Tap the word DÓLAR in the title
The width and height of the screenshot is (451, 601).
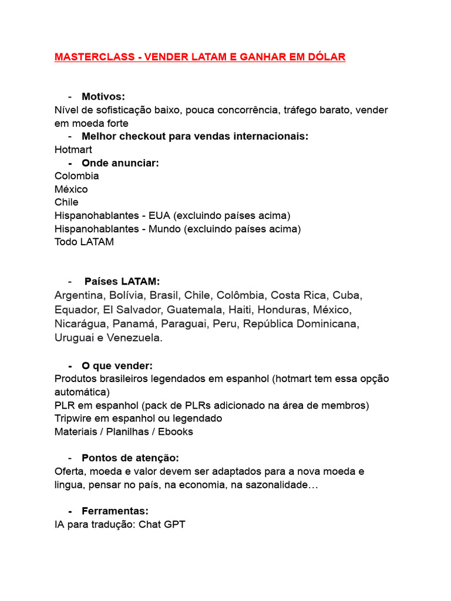(325, 57)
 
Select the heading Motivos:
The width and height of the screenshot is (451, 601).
(103, 96)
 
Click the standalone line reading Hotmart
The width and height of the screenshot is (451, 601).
(73, 150)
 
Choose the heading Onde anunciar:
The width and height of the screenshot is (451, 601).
(120, 163)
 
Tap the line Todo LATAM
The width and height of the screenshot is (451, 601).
(84, 242)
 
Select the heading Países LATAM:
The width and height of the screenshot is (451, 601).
(122, 281)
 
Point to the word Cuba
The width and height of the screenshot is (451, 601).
(347, 295)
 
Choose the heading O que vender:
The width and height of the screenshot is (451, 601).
(117, 366)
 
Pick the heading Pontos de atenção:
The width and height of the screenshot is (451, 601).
(130, 458)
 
